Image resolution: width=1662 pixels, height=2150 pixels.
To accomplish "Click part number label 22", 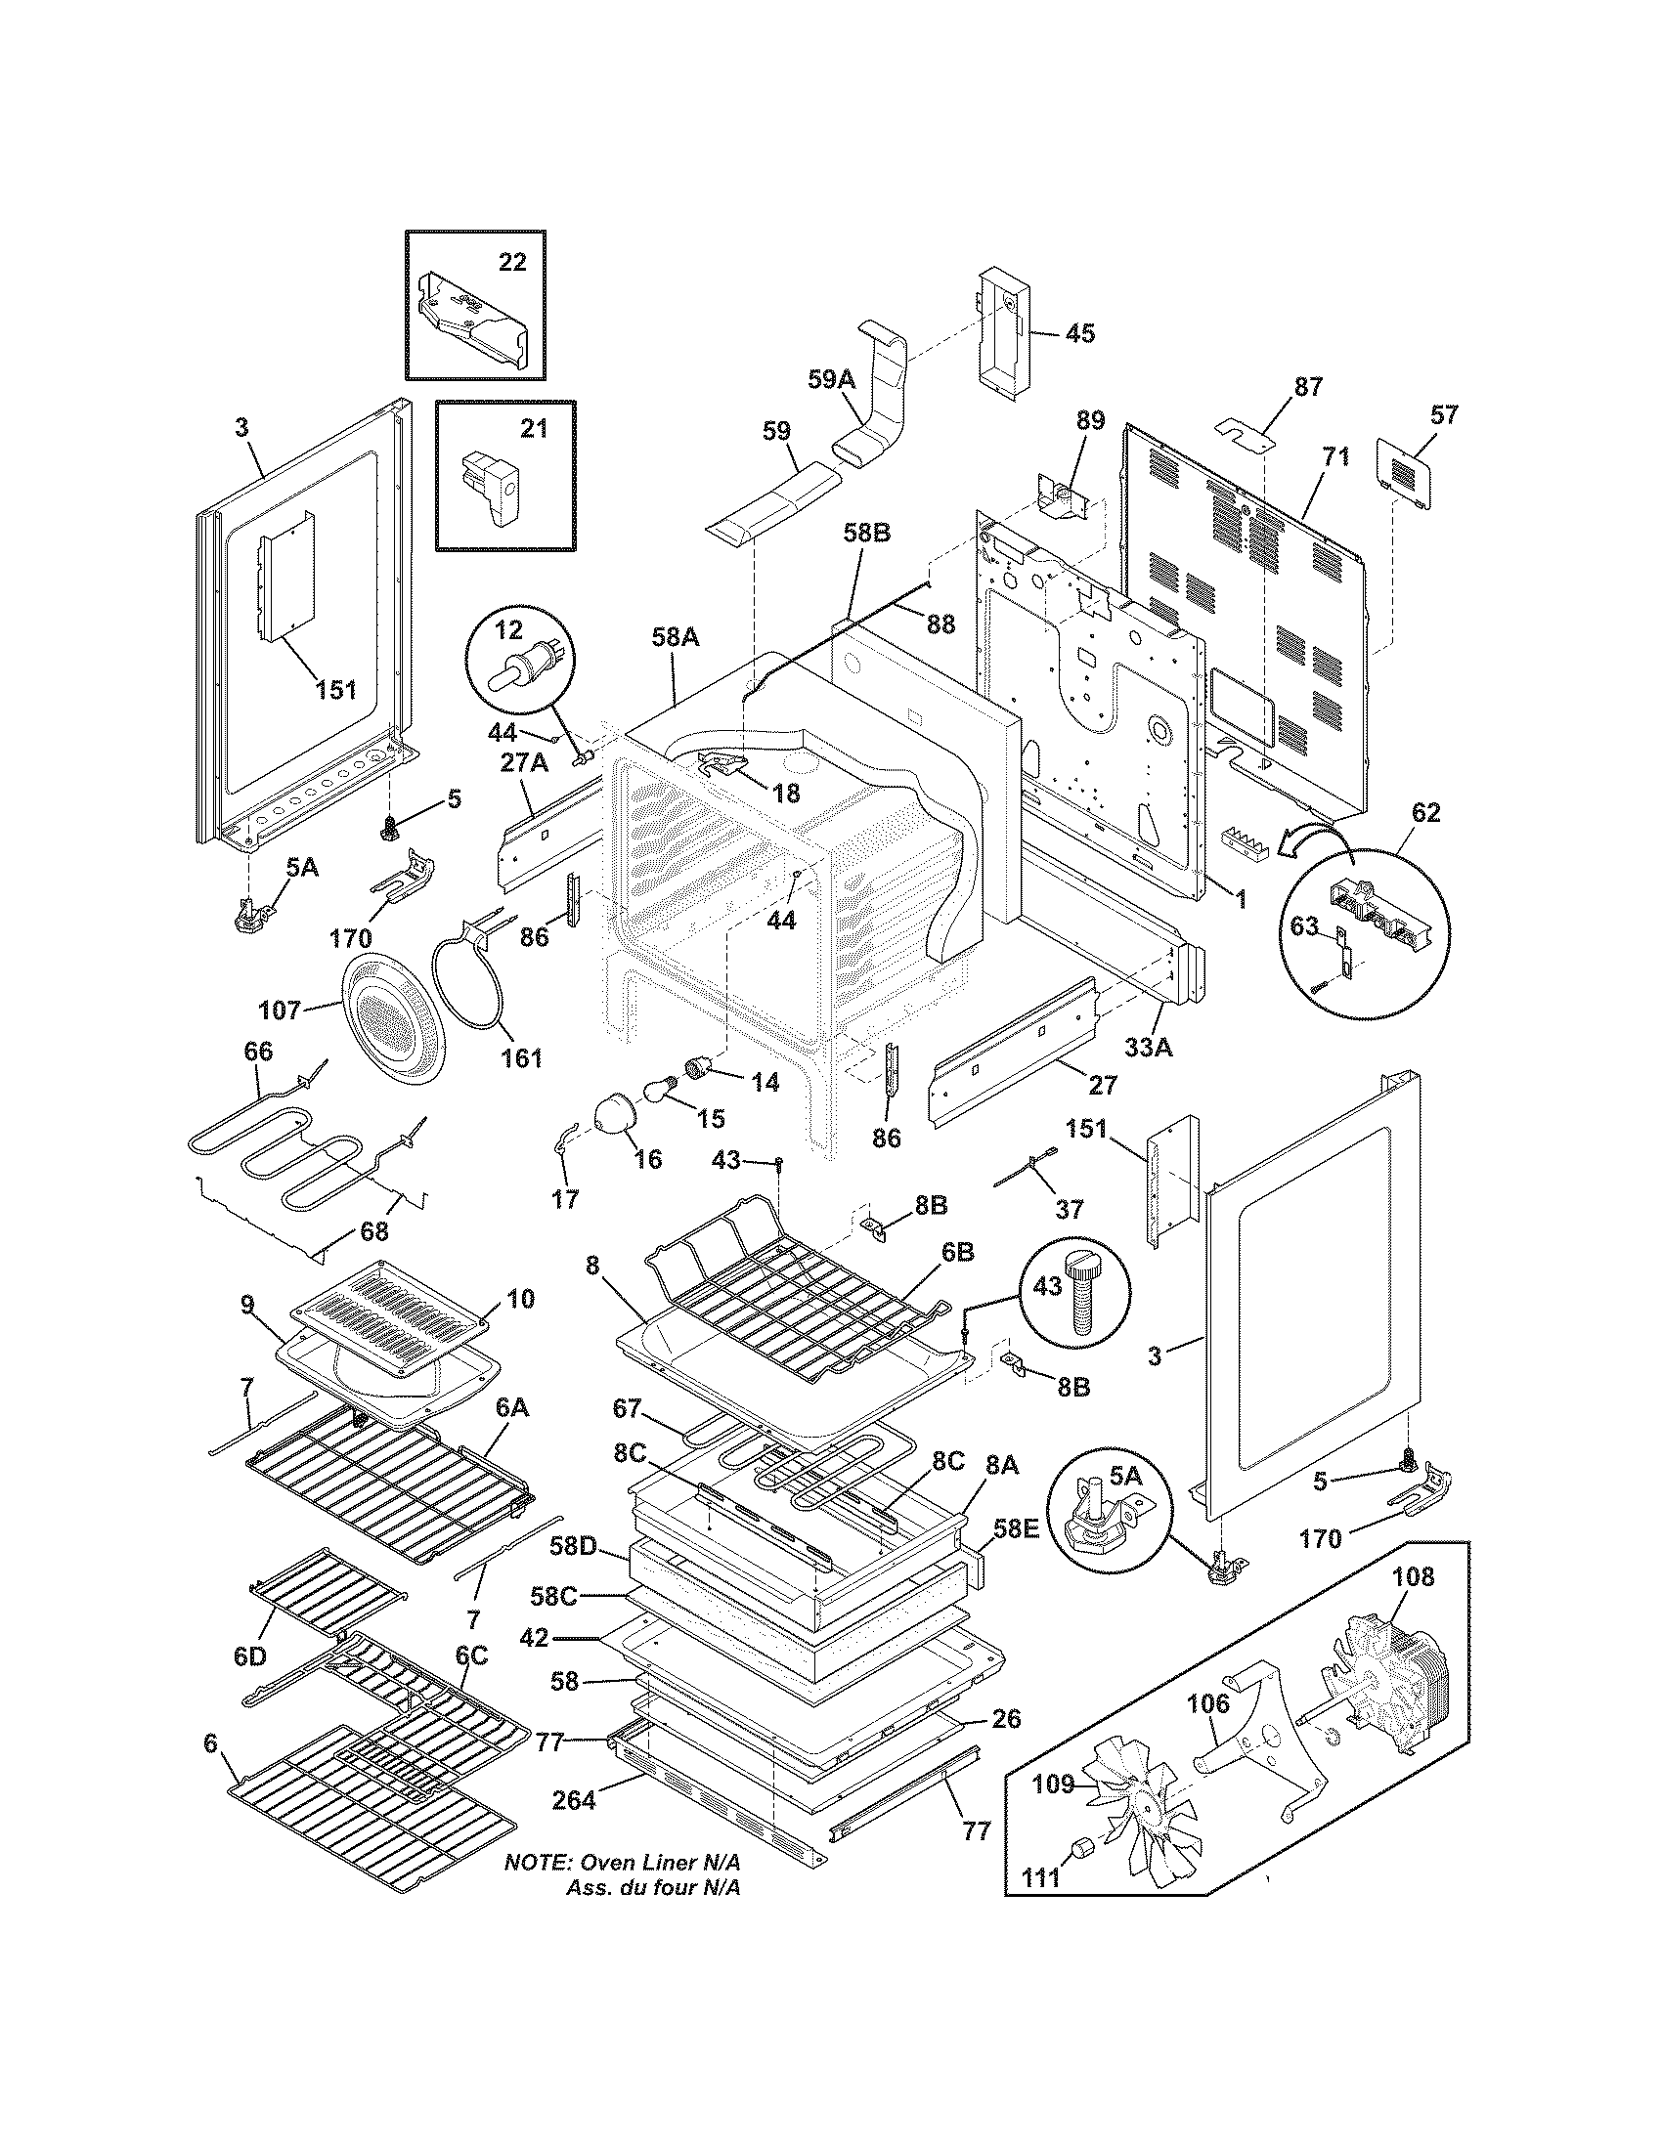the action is (512, 262).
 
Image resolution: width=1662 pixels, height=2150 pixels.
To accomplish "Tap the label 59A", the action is (831, 380).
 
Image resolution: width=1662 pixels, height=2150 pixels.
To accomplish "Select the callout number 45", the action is (1080, 333).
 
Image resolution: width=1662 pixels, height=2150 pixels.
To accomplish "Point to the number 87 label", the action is (1307, 387).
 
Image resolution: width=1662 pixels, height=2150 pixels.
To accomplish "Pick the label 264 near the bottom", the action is (574, 1800).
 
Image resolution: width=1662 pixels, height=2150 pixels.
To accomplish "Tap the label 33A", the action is (1149, 1048).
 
